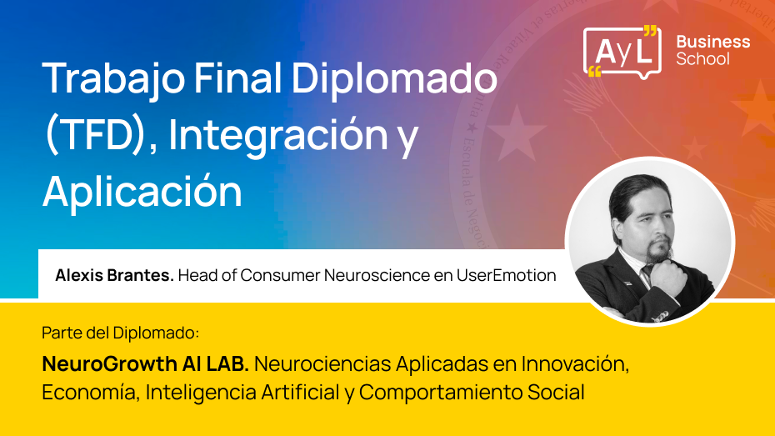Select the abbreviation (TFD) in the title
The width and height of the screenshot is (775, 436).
click(x=94, y=135)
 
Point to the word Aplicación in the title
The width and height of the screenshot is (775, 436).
click(x=142, y=191)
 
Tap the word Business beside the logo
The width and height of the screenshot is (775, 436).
click(x=712, y=42)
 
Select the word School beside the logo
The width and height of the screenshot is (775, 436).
click(x=702, y=59)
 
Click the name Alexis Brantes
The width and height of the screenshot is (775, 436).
click(x=114, y=275)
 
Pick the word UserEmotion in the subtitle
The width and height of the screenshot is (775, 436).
click(x=506, y=275)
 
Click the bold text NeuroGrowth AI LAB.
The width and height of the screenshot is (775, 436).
click(x=146, y=364)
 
